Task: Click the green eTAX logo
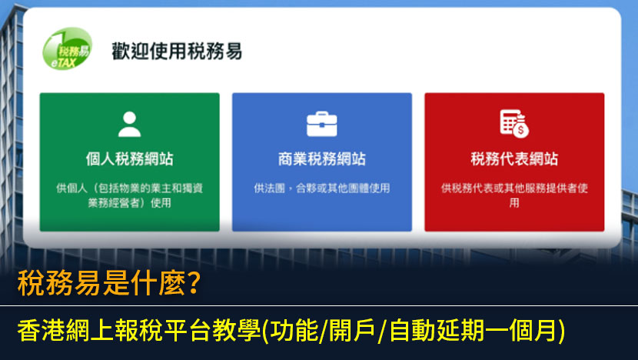(x=67, y=48)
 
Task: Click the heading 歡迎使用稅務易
(x=177, y=52)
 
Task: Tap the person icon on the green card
(x=129, y=124)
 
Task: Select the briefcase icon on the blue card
(x=322, y=124)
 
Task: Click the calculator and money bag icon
(x=514, y=124)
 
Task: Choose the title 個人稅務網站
(x=129, y=158)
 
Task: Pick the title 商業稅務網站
(x=322, y=158)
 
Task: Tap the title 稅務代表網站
(x=514, y=158)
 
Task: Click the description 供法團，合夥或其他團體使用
(x=322, y=188)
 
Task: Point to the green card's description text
(x=129, y=195)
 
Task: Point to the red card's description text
(x=514, y=195)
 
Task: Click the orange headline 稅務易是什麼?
(x=109, y=282)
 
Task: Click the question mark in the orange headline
(x=194, y=282)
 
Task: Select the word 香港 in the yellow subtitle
(x=41, y=330)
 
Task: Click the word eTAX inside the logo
(x=64, y=63)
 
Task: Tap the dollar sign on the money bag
(x=520, y=131)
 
